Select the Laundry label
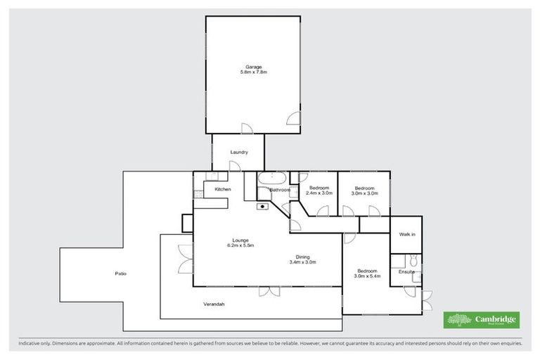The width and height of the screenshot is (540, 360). tap(239, 152)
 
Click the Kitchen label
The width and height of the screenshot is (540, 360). tap(223, 190)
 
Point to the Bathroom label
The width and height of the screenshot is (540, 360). tap(280, 190)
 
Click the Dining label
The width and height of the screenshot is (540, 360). tap(303, 257)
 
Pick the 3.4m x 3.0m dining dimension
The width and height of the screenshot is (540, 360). tap(303, 262)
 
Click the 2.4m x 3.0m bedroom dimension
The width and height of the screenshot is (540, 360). tap(319, 193)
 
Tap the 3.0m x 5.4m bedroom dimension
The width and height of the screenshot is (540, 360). tap(366, 276)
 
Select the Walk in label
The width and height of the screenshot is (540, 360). tap(407, 234)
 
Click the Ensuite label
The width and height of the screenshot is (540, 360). tap(406, 271)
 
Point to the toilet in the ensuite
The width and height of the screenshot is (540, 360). tap(416, 262)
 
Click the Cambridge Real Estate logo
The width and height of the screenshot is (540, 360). tap(482, 320)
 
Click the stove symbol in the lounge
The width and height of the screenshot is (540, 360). tap(262, 207)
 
